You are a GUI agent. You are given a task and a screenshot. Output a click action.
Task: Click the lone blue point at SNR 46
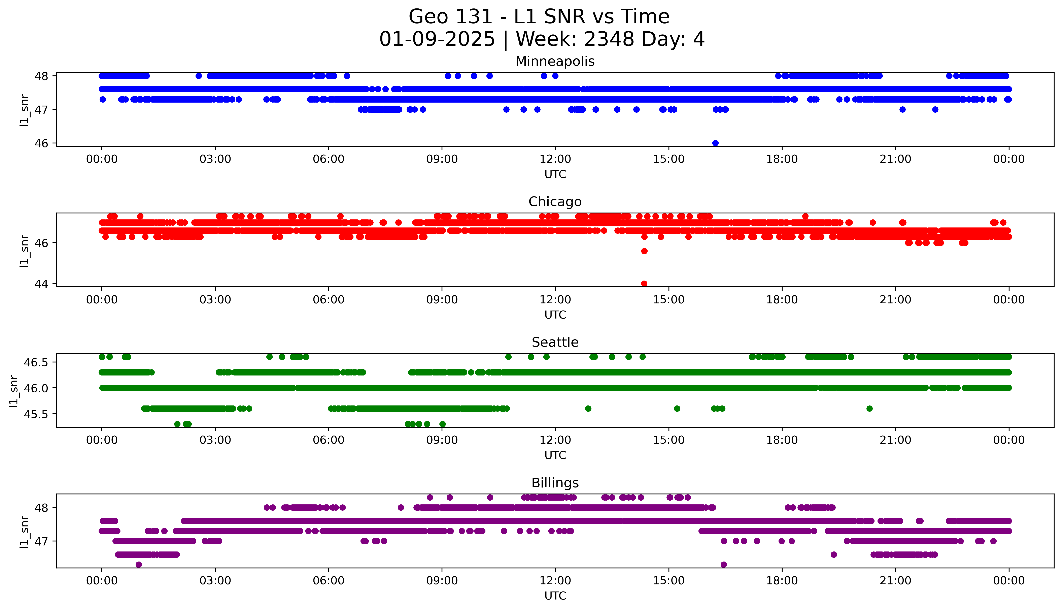[715, 143]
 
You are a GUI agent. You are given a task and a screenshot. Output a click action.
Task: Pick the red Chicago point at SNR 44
[644, 284]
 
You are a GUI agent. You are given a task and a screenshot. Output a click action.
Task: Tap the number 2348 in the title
[609, 39]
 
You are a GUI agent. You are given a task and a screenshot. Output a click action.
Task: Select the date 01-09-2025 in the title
[437, 39]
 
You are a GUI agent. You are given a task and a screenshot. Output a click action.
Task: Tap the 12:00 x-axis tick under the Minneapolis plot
[555, 159]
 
